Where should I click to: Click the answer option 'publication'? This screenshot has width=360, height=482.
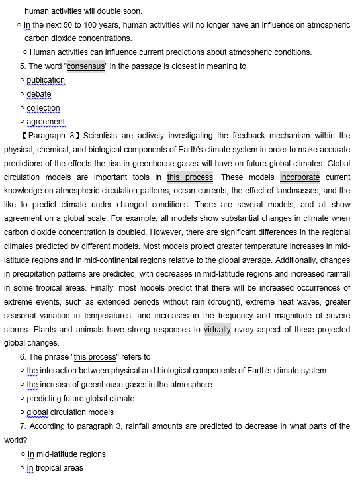[46, 80]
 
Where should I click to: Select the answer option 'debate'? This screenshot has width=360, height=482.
[38, 94]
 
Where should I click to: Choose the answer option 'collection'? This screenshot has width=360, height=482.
[43, 108]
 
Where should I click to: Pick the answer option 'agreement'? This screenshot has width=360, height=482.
[46, 122]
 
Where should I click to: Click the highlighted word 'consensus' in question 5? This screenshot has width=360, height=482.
[85, 66]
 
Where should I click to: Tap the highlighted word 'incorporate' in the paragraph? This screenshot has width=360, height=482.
[300, 177]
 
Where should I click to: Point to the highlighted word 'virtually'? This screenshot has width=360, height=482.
[217, 329]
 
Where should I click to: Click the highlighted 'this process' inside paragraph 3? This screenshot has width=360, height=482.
[190, 177]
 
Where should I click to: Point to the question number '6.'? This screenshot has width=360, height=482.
[24, 357]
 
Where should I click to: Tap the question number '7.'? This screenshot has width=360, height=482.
[24, 426]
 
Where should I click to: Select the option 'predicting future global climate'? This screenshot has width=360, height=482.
[80, 399]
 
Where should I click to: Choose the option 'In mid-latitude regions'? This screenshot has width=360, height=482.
[66, 454]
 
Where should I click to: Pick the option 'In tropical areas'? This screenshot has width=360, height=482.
[55, 468]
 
